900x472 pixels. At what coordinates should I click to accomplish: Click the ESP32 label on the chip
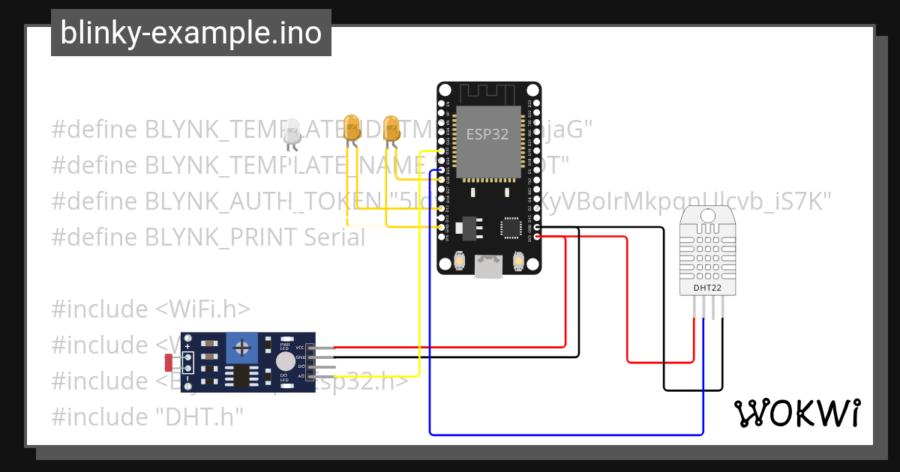tap(487, 134)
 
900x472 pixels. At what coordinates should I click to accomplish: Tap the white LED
tap(292, 132)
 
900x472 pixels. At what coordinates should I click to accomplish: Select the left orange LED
tap(351, 127)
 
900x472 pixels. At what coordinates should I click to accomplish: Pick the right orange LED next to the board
tap(391, 127)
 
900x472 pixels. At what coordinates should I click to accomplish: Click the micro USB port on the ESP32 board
tap(488, 267)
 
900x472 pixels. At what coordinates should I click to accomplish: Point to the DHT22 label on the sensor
tap(706, 287)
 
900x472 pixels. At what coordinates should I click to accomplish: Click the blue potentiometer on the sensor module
tap(241, 348)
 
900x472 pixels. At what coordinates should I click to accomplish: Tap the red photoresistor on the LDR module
tap(168, 363)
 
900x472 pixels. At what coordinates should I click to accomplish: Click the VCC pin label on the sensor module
tap(300, 348)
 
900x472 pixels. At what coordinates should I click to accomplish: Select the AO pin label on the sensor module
tap(301, 375)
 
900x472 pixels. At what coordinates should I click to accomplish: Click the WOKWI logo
tap(796, 413)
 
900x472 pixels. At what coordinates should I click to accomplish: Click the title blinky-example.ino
tap(190, 33)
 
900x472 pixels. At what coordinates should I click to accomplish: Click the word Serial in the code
tap(334, 237)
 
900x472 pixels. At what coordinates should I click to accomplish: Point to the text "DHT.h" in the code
tap(202, 417)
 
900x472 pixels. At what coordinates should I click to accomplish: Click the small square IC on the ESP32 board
tap(511, 227)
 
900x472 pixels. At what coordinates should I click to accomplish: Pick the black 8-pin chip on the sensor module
tap(241, 376)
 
